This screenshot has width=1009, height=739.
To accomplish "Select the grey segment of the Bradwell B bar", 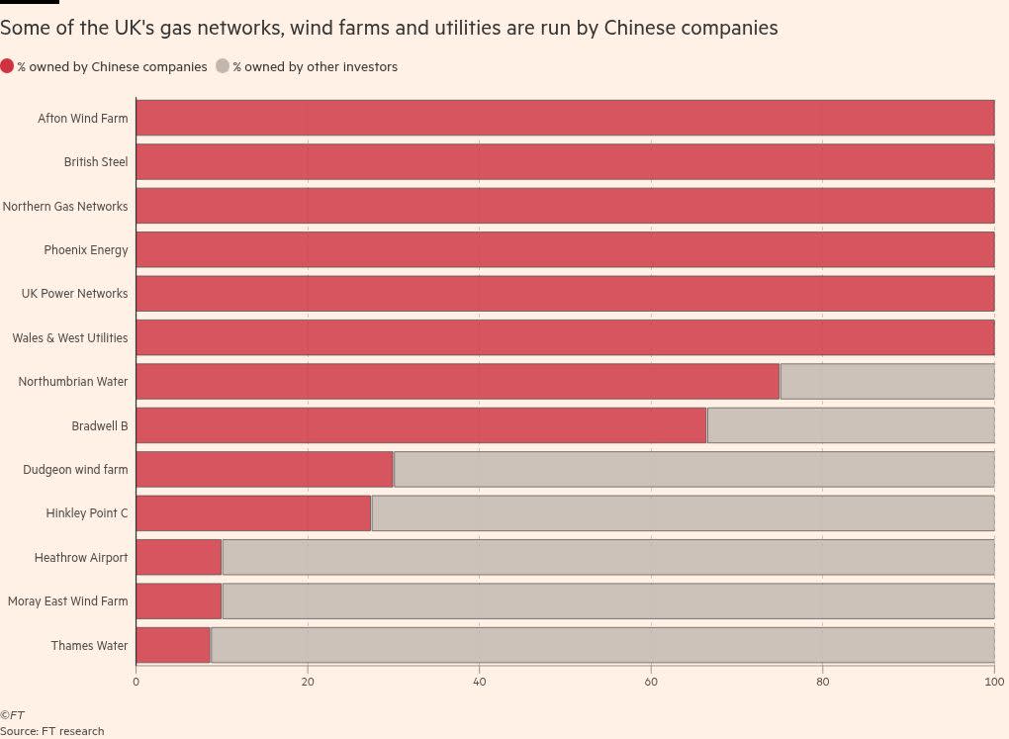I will coord(850,425).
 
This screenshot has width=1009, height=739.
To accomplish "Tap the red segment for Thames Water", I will coord(173,645).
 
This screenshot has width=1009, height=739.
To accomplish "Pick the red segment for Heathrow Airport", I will coord(179,557).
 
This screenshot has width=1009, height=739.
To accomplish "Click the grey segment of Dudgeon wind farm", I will coord(692,469).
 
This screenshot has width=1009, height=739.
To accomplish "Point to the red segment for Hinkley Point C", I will coord(253,513).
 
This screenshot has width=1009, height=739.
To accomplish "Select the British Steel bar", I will coord(564,162).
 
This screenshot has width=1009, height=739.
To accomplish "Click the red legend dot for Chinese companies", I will coord(7,67).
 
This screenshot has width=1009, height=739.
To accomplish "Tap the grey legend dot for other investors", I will coord(223,67).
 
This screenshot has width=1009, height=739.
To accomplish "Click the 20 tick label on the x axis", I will coord(308,682).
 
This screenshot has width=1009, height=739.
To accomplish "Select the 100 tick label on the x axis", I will coord(994,682).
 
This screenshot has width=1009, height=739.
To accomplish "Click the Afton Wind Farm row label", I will coord(82,119).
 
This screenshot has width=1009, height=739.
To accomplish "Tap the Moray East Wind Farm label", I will coord(67,601).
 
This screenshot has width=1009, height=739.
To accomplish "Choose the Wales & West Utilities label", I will coord(69,338).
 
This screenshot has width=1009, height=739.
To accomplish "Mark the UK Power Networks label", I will coord(74,294).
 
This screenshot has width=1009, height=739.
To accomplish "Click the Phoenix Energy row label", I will coord(85,250).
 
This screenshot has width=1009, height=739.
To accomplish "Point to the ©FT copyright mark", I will coord(12,715).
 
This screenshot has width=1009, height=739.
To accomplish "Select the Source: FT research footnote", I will coord(51,731).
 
